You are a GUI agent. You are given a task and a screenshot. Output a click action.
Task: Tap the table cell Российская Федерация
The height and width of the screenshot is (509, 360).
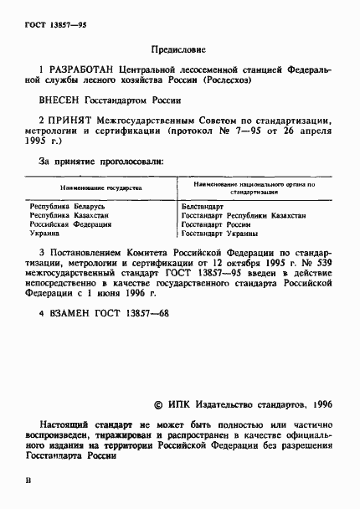[71, 225]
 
